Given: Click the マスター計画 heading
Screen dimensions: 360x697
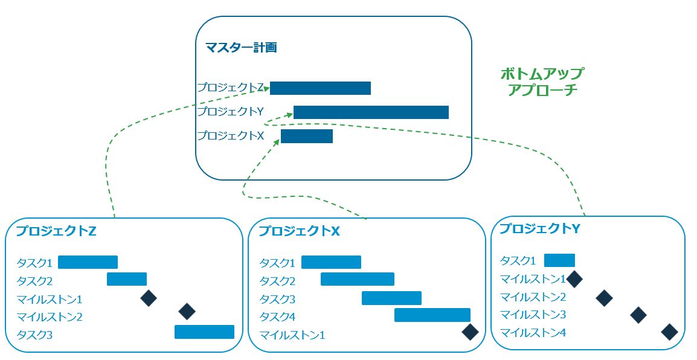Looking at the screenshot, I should (240, 47).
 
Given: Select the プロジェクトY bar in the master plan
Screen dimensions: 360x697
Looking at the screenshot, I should (371, 112).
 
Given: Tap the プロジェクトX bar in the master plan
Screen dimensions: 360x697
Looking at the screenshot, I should (307, 137).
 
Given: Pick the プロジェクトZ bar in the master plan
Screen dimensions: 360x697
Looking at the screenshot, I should (320, 88).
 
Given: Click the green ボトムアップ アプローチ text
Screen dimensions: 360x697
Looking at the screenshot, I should (542, 82).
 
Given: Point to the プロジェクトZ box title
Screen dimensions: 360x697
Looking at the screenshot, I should (56, 231).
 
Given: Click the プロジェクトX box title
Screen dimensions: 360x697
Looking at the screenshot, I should (299, 231).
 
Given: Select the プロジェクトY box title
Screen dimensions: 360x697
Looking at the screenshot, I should (540, 229).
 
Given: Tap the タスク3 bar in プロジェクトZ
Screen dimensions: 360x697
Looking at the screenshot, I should (204, 332).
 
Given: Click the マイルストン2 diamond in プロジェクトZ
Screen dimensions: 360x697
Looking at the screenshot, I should (187, 311).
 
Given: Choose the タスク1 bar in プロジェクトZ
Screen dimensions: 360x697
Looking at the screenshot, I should (88, 262).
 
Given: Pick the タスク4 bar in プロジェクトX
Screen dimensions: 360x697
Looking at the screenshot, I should (432, 315).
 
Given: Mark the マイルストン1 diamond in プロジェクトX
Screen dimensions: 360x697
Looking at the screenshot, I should (470, 332).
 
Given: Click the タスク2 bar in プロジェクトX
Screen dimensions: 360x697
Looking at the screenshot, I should (358, 279).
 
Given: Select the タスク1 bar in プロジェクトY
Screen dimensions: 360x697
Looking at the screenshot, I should (559, 260).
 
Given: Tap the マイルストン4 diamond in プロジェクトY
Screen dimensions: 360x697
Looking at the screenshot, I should (669, 332).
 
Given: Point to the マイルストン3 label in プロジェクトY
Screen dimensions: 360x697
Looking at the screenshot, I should (533, 315).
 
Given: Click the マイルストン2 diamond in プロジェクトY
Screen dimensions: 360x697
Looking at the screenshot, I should (604, 297).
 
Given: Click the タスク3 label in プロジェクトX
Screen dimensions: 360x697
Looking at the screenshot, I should (277, 299).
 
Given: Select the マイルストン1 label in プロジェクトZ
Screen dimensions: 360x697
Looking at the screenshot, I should (50, 299).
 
